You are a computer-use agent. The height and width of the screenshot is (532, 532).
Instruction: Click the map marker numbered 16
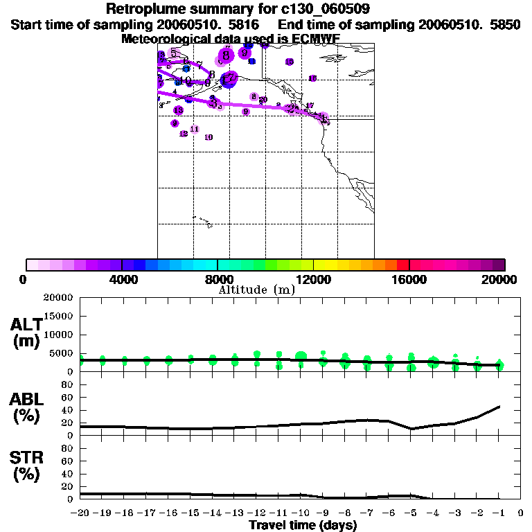[312, 78]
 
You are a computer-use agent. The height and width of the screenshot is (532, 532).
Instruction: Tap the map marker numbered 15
[289, 62]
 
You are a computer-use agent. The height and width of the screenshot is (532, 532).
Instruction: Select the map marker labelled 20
[263, 100]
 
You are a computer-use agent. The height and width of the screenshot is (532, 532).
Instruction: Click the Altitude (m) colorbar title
[256, 290]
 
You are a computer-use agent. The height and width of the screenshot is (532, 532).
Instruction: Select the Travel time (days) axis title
[303, 525]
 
